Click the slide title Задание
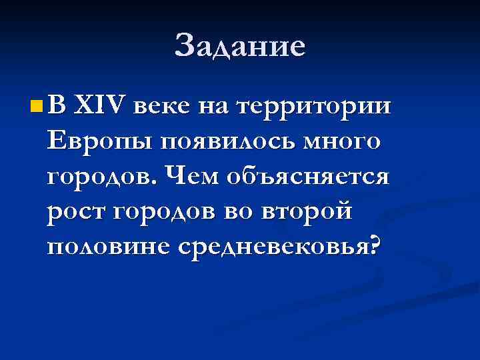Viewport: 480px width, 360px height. (x=240, y=47)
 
